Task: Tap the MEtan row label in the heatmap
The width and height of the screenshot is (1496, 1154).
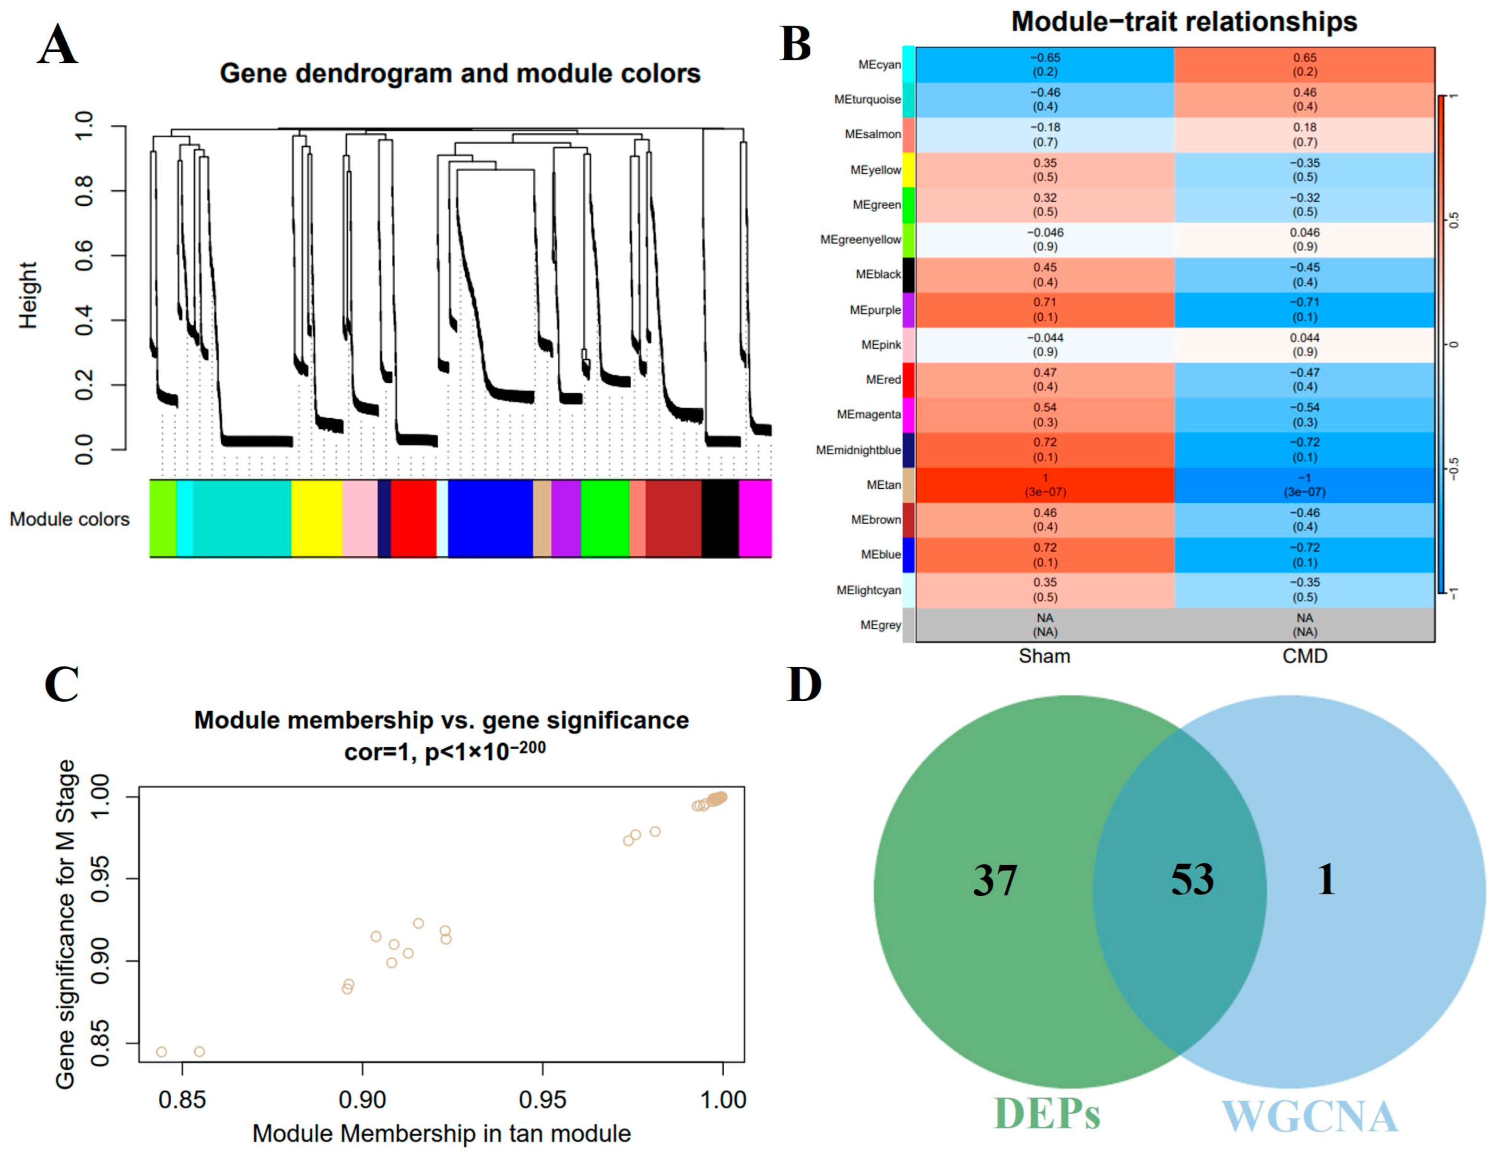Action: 883,485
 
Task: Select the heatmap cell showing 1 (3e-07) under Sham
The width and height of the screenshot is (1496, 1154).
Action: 1045,485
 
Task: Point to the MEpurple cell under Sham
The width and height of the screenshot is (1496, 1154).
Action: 1045,309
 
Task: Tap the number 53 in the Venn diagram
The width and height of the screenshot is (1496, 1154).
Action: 1192,880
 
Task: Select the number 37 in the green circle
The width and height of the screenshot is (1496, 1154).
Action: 995,881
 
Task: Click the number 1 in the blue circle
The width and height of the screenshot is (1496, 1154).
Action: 1326,880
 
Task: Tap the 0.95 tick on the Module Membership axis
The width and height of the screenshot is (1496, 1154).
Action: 542,1099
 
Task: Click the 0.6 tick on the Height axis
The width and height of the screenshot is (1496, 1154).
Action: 83,256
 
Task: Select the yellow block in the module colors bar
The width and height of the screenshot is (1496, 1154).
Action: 317,518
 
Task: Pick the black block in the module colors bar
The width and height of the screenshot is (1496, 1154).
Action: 720,518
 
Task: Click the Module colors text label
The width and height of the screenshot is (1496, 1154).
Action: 69,519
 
